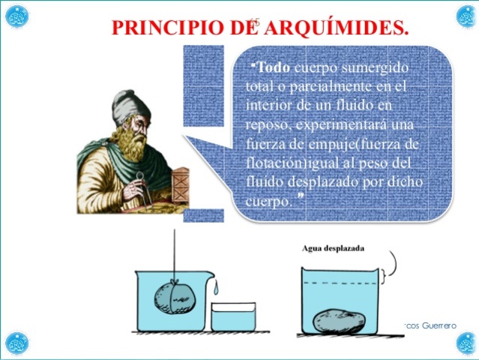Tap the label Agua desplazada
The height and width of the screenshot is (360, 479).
point(333,248)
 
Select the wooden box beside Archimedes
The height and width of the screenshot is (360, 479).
point(180,179)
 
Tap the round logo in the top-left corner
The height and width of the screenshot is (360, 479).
point(16,16)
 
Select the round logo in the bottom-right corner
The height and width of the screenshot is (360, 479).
point(466,343)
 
